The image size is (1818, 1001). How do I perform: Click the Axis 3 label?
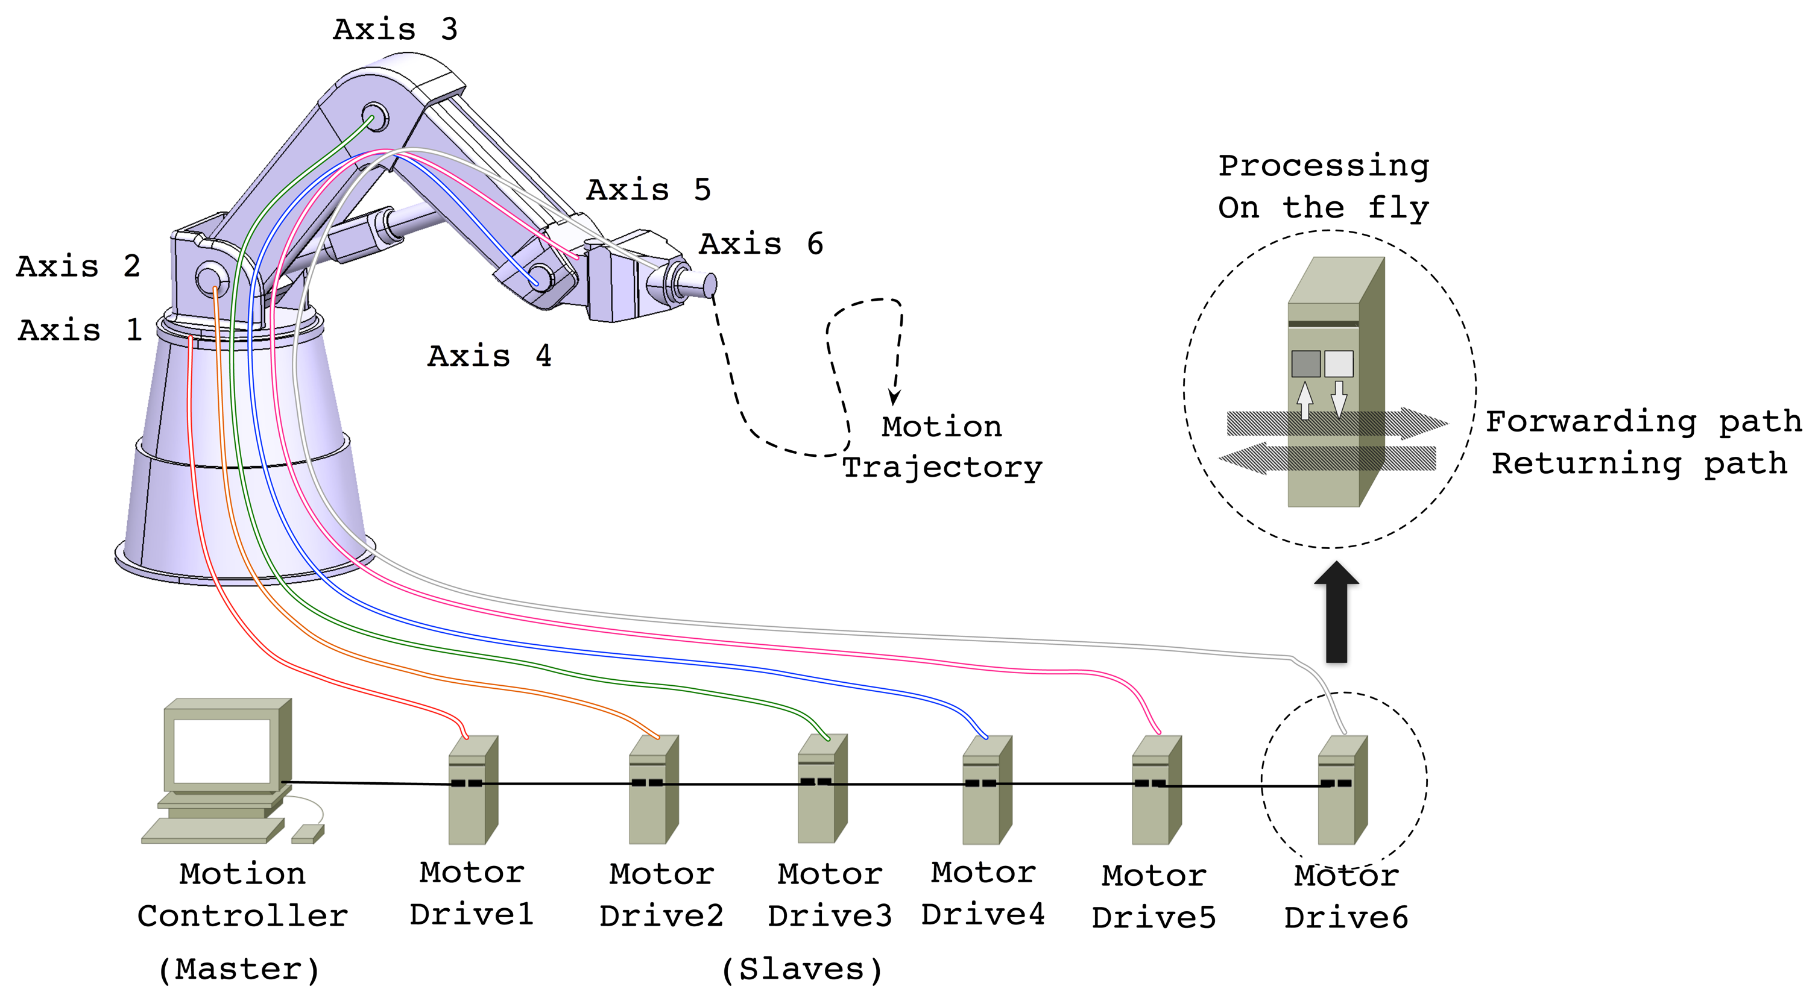[x=395, y=30]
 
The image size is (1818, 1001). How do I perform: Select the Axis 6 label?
[x=761, y=244]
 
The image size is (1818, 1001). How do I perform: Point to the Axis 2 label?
[x=78, y=266]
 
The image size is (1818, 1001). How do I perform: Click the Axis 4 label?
[x=489, y=356]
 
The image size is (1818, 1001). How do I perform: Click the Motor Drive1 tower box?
[x=472, y=790]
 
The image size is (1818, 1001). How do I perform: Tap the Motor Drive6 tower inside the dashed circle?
[x=1341, y=790]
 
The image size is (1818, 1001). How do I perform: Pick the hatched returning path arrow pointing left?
[x=1327, y=459]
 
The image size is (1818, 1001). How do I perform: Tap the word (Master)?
[x=239, y=970]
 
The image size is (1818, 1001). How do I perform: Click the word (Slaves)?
[x=802, y=970]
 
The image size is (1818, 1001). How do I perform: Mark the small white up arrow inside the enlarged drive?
[x=1305, y=400]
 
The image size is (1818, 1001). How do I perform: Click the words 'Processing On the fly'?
[x=1324, y=187]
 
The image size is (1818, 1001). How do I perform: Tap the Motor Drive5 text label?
[x=1154, y=897]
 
